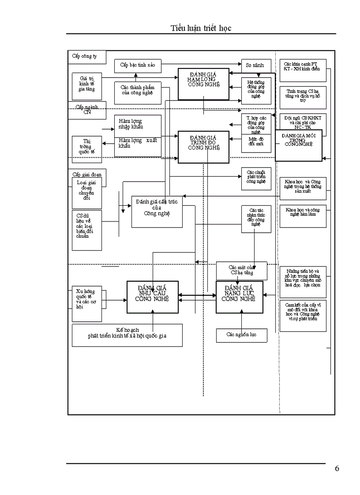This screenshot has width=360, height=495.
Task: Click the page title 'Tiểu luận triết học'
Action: click(201, 28)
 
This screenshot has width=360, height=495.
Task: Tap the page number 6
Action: click(337, 468)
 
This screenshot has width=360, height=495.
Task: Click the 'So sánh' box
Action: click(255, 65)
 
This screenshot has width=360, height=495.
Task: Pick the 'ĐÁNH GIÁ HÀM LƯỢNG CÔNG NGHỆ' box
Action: click(203, 84)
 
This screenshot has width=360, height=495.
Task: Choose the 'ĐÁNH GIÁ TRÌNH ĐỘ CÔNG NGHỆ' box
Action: click(203, 147)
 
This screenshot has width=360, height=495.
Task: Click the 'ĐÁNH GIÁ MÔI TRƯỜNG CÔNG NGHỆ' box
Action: click(299, 145)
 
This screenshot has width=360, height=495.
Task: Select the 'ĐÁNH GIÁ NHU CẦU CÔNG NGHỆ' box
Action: click(153, 297)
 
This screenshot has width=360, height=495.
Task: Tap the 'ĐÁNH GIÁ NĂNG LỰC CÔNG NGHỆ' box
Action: click(239, 297)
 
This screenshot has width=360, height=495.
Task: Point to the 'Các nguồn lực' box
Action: click(241, 335)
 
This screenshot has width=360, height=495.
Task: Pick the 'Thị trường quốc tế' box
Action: click(87, 147)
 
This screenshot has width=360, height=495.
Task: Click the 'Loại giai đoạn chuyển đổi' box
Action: click(87, 193)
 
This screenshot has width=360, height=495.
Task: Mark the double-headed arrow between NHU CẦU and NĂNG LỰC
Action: click(197, 295)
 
